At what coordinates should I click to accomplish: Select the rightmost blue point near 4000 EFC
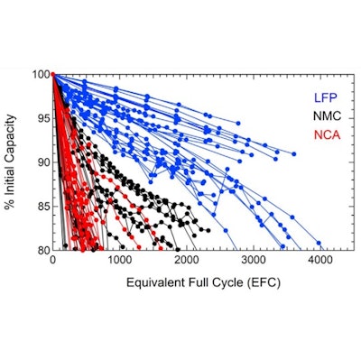coord(319,243)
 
